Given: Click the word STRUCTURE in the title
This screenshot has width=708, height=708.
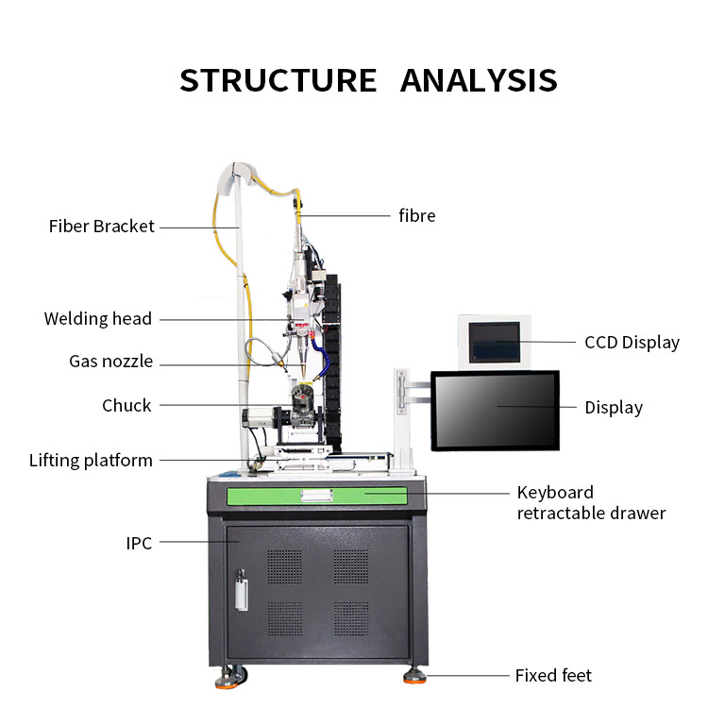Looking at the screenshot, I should click(x=278, y=80).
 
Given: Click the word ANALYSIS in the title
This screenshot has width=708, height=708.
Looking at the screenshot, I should click(x=479, y=80).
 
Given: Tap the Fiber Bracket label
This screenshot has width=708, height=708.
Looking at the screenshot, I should click(x=101, y=227).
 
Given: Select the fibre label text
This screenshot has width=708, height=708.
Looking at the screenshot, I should click(x=416, y=215).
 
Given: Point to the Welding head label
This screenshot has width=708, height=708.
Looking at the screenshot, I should click(x=97, y=319).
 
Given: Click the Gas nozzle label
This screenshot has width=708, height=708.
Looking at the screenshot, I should click(x=110, y=362).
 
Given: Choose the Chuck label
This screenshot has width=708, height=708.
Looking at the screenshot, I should click(x=126, y=405).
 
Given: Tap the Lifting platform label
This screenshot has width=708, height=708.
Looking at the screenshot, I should click(x=91, y=461).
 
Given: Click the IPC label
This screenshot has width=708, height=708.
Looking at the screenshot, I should click(x=139, y=543).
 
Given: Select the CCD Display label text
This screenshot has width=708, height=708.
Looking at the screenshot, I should click(x=632, y=343).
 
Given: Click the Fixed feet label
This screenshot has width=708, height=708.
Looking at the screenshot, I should click(x=553, y=675).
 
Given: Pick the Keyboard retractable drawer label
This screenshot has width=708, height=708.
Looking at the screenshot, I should click(x=591, y=503).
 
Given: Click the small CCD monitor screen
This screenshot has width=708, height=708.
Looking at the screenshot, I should click(x=494, y=341).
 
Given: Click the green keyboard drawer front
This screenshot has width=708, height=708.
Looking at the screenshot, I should click(x=316, y=495).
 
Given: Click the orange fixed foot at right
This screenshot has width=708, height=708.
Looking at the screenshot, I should click(x=414, y=676).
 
